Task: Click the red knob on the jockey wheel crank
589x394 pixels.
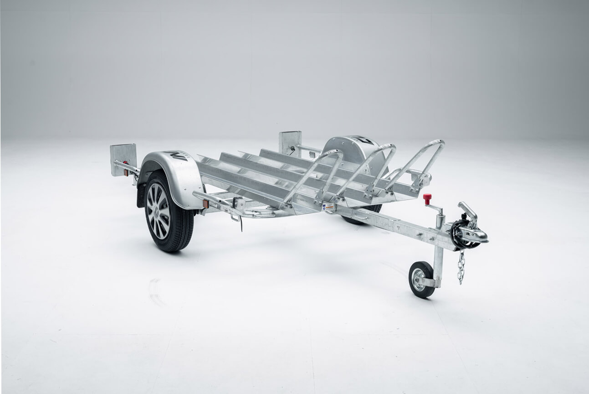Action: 427,198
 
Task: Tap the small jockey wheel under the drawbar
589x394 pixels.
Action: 421,279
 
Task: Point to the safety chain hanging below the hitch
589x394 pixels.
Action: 461,267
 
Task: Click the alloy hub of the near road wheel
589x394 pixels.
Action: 158,211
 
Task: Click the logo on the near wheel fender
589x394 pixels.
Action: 176,156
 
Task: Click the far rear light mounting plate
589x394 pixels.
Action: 290,142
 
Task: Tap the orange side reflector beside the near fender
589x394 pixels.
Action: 205,204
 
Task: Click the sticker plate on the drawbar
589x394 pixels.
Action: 328,207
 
